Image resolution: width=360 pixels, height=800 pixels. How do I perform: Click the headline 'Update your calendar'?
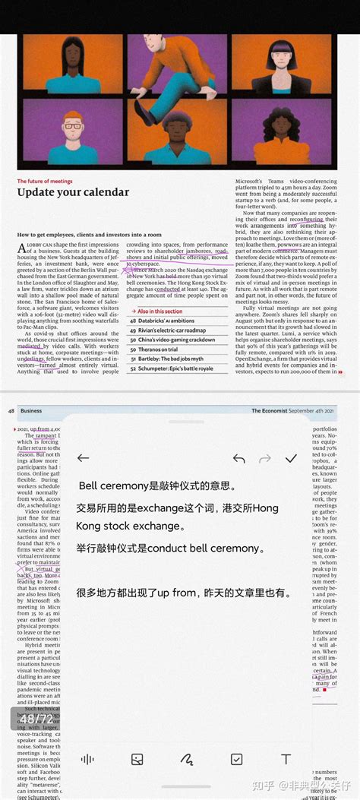[73, 192]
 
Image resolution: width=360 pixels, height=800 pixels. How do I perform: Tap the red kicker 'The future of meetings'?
[44, 181]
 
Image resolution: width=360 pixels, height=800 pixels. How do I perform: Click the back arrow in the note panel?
[84, 458]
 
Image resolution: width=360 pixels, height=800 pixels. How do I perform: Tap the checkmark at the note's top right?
[290, 458]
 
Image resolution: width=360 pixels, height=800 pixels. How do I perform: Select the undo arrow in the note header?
[238, 458]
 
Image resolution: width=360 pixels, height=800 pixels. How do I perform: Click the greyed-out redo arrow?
[265, 458]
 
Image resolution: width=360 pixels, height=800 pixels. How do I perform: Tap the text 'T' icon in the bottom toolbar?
[286, 759]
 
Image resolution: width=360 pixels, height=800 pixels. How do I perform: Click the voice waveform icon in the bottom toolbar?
[87, 759]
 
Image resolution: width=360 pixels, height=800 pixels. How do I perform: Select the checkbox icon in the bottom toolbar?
[236, 759]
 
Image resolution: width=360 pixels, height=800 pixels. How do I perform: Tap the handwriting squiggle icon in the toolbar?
[187, 759]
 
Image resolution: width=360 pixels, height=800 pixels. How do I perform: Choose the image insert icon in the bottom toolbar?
[137, 759]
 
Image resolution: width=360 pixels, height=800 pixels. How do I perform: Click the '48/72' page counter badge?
[36, 718]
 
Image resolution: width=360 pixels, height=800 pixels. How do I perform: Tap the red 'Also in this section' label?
[158, 311]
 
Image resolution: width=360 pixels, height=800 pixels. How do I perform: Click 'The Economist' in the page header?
[274, 411]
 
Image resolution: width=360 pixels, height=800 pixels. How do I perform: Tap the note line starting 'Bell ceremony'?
[157, 485]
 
